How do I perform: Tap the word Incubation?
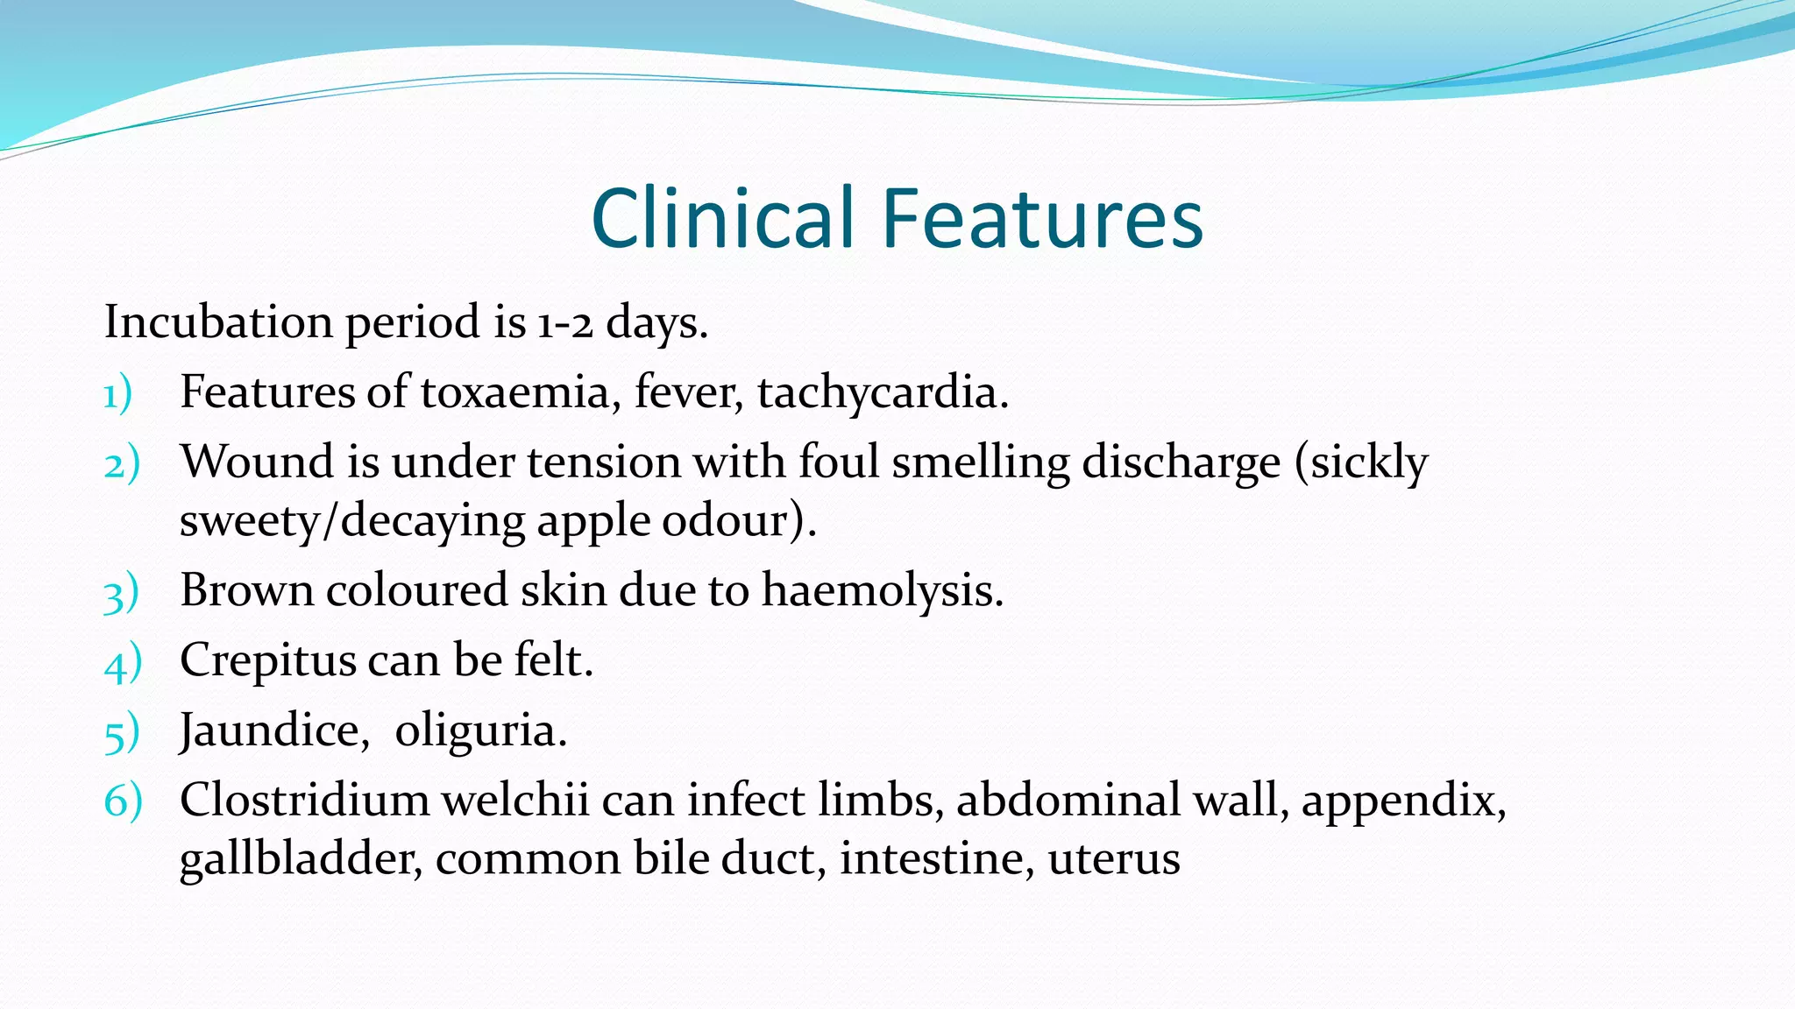(218, 321)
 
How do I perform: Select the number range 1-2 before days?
(565, 323)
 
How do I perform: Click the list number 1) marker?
(117, 393)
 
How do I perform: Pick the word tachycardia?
(883, 392)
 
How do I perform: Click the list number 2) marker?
(121, 463)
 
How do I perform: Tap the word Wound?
(257, 462)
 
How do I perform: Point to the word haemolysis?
(882, 591)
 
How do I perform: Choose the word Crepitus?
(266, 661)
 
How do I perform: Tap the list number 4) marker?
(122, 663)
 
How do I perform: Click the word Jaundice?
(274, 730)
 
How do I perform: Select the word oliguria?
(480, 731)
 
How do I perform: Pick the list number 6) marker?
(123, 801)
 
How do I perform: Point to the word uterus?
(1113, 858)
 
